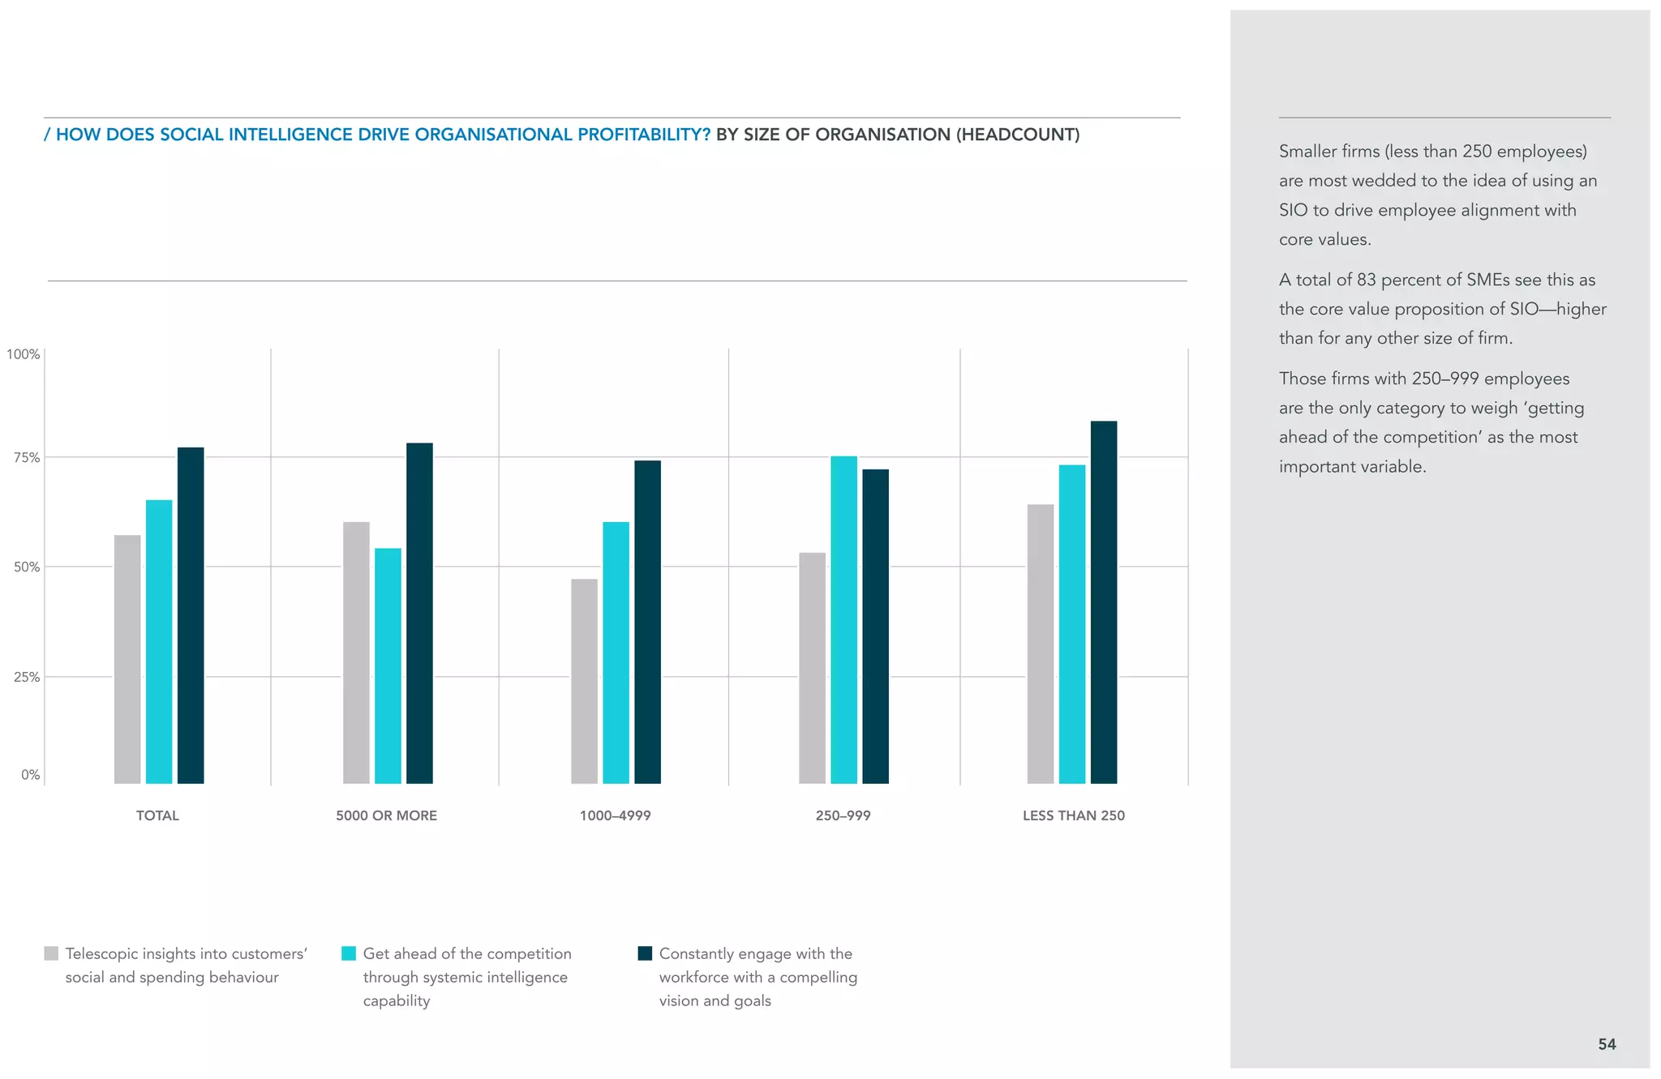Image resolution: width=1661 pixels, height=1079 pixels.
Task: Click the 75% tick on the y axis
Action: click(x=27, y=458)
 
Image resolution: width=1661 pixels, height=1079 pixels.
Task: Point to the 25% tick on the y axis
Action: click(x=27, y=677)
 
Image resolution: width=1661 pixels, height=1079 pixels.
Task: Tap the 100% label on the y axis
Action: click(x=24, y=354)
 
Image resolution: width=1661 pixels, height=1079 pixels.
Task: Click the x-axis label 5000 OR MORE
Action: click(x=386, y=816)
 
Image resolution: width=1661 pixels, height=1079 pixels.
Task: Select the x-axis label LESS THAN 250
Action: click(x=1073, y=816)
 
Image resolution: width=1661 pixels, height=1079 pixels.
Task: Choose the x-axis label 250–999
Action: click(x=843, y=816)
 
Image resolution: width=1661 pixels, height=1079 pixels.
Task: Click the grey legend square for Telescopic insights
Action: click(x=51, y=953)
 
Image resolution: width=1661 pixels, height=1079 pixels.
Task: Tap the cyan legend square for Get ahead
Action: click(x=349, y=953)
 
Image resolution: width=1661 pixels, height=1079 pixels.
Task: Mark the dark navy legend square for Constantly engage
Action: click(x=645, y=953)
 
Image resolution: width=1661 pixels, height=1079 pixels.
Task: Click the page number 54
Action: click(x=1607, y=1044)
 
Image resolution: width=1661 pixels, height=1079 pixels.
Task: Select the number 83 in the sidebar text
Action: click(x=1366, y=280)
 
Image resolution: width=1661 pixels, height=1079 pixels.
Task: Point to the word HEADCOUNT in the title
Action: click(x=1017, y=135)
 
